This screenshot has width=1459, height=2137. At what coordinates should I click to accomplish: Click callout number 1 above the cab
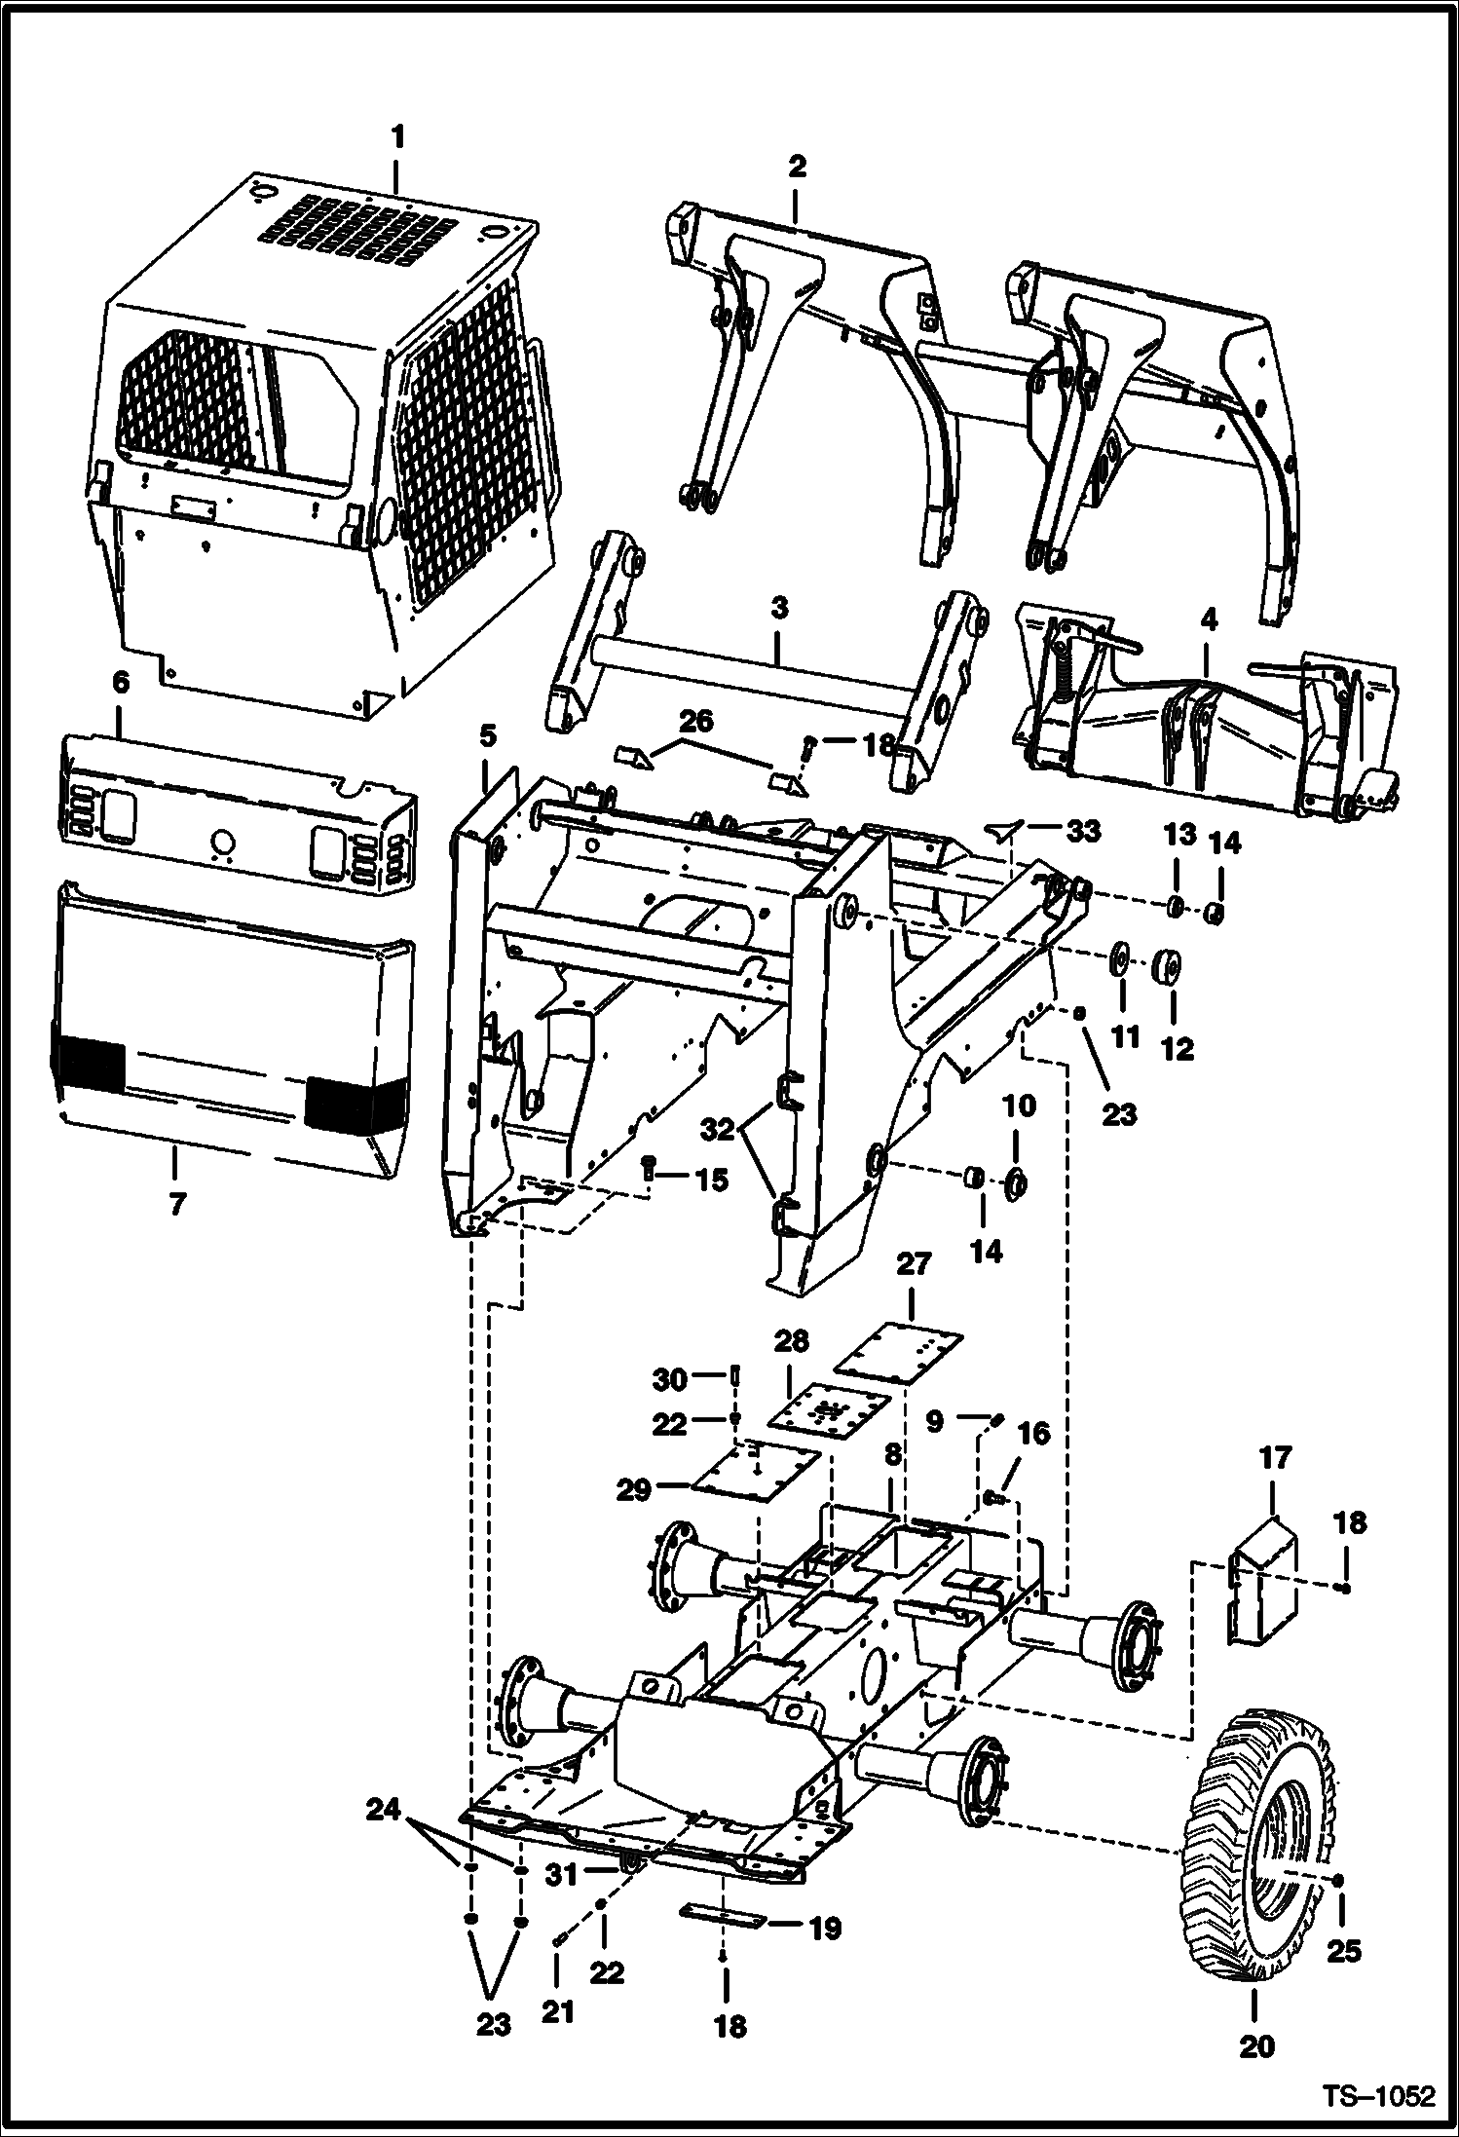tap(397, 137)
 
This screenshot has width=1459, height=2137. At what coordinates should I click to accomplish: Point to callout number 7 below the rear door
tap(175, 1205)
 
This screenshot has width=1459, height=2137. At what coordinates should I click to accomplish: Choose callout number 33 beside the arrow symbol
tap(1082, 830)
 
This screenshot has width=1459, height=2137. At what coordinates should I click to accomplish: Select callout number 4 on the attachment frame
tap(1209, 620)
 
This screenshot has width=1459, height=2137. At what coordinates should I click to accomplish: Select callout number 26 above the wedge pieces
tap(695, 722)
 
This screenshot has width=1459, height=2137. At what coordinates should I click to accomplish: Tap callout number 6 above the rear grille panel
tap(120, 683)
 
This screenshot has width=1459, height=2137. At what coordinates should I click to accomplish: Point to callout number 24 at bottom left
tap(383, 1811)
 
